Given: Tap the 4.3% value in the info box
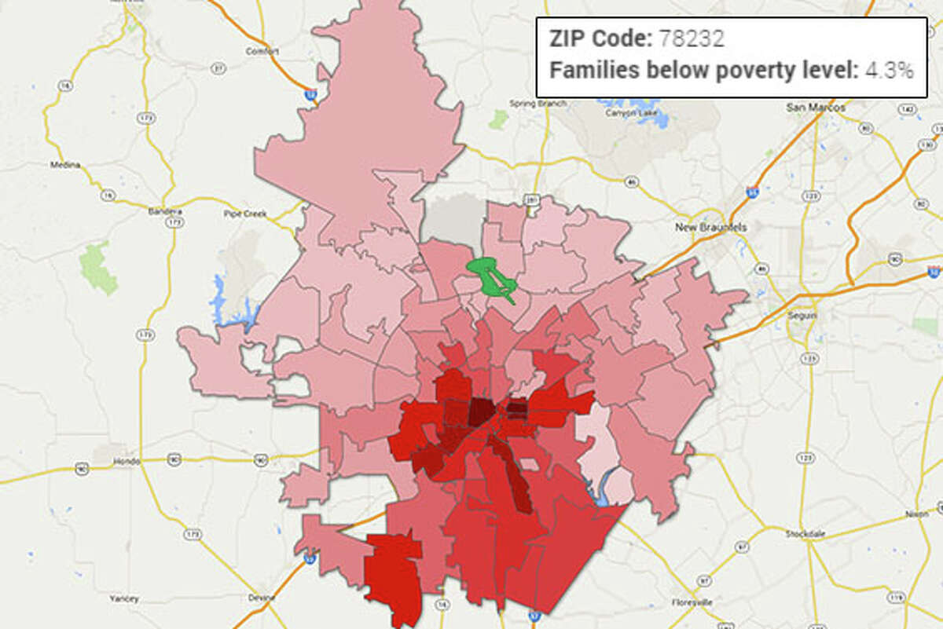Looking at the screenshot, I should [x=890, y=71].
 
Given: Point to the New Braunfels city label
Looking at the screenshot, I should [x=712, y=227].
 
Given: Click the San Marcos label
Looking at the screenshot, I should [x=816, y=107].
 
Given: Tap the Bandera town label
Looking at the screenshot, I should [x=165, y=211].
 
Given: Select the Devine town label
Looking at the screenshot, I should [x=262, y=598].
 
